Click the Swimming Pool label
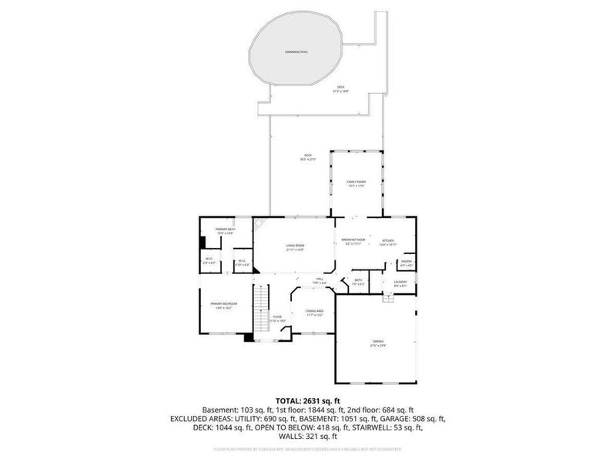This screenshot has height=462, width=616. pyautogui.click(x=296, y=52)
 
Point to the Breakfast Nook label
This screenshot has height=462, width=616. pyautogui.click(x=353, y=241)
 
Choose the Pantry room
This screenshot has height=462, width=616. pyautogui.click(x=406, y=264)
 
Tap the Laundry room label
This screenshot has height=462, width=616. pyautogui.click(x=400, y=283)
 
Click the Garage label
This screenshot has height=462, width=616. pyautogui.click(x=378, y=343)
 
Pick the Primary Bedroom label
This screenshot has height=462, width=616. pyautogui.click(x=225, y=305)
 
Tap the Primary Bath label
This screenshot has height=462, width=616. pyautogui.click(x=225, y=231)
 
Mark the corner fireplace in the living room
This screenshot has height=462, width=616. pyautogui.click(x=261, y=223)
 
